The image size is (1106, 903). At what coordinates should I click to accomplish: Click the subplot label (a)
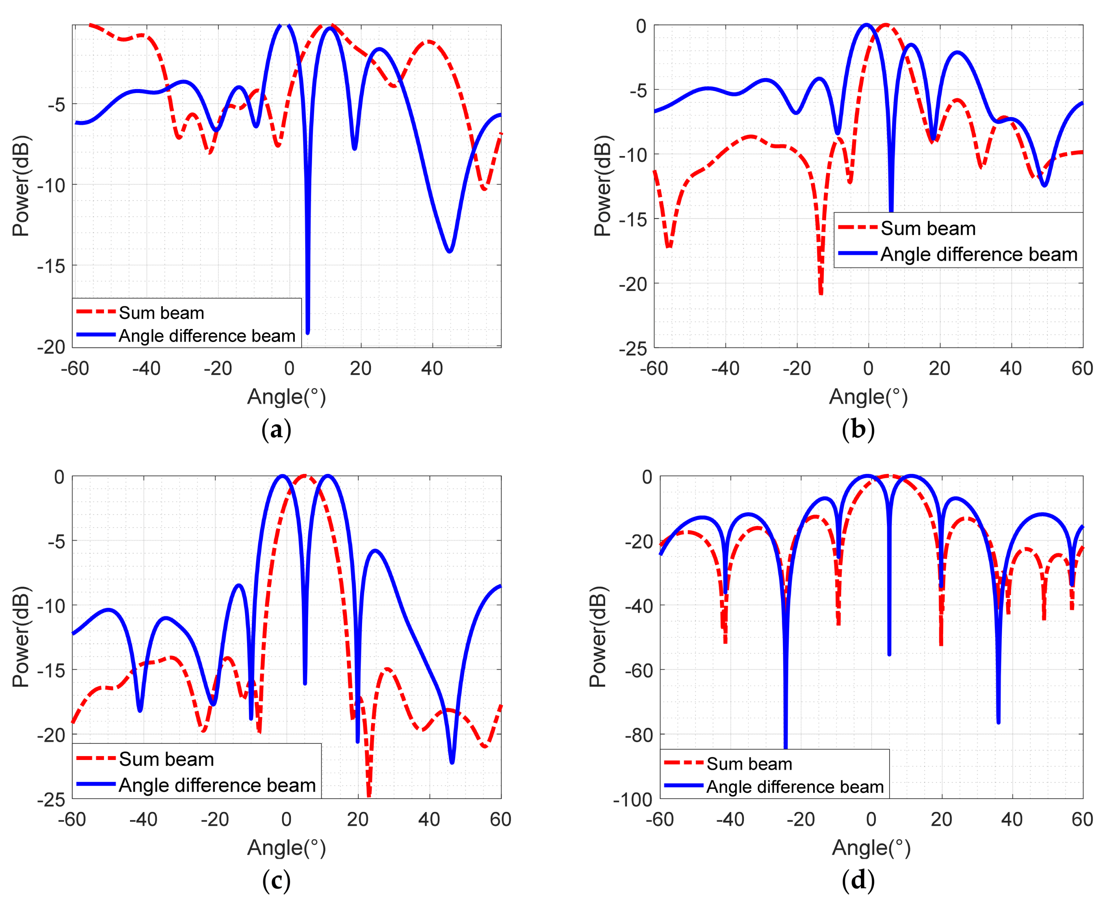pyautogui.click(x=276, y=430)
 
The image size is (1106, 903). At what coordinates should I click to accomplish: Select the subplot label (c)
pyautogui.click(x=276, y=881)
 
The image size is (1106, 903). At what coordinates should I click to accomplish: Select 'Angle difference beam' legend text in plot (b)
pyautogui.click(x=979, y=254)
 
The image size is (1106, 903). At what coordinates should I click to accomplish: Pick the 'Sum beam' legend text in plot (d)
pyautogui.click(x=749, y=764)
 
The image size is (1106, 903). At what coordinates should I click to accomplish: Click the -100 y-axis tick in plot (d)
pyautogui.click(x=632, y=799)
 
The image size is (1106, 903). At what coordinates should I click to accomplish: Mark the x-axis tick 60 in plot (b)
pyautogui.click(x=1082, y=368)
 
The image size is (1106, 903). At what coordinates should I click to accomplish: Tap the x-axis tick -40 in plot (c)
pyautogui.click(x=143, y=819)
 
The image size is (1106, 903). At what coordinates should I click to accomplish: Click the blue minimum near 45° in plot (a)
pyautogui.click(x=449, y=251)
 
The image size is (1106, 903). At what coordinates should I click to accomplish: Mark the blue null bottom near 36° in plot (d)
pyautogui.click(x=998, y=721)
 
